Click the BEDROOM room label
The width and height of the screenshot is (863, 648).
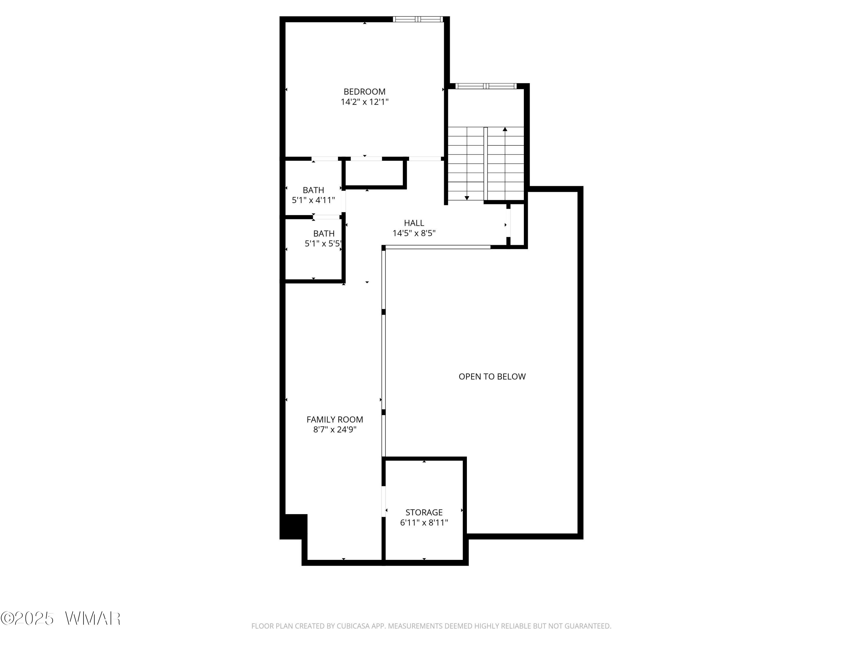point(364,92)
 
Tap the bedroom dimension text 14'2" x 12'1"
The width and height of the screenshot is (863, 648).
point(364,102)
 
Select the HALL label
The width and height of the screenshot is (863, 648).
point(414,223)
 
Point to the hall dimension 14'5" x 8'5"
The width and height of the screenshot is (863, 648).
point(414,233)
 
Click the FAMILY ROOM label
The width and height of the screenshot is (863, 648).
point(335,420)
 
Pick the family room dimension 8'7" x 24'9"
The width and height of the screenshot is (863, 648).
point(335,430)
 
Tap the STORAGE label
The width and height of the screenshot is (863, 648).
point(424,512)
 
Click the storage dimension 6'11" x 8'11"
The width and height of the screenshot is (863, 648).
point(424,523)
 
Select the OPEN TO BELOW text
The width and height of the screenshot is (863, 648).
point(492,376)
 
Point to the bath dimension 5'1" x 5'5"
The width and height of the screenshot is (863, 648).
point(323,244)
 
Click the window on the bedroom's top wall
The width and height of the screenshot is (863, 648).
point(418,19)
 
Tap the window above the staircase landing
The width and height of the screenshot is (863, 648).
point(486,86)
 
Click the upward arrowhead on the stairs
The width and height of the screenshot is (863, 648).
point(505,129)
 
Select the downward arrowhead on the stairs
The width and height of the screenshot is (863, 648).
point(467,198)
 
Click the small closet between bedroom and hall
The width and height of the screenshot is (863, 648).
point(375,173)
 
